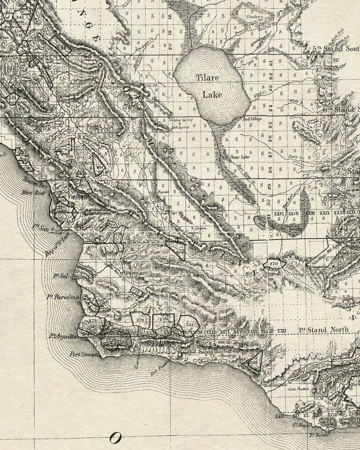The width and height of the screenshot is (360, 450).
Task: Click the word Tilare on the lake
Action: (x=208, y=77)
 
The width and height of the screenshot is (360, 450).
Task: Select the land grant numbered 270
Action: (x=273, y=263)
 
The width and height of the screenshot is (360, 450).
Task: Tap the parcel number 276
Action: (x=140, y=320)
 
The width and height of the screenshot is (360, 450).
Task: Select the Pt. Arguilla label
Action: (x=64, y=336)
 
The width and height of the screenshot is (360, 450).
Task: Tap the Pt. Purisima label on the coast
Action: (x=63, y=297)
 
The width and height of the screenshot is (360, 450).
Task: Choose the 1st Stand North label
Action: (x=323, y=329)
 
